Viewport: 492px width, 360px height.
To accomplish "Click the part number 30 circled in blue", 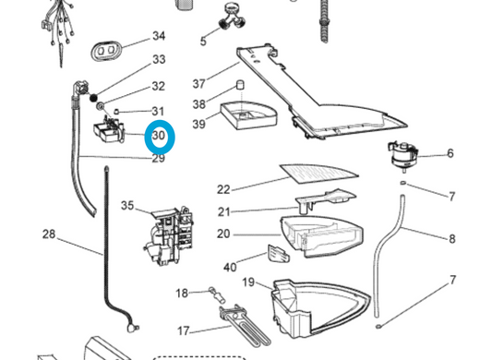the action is point(159,136).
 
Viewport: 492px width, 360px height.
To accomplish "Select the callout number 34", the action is point(159,36).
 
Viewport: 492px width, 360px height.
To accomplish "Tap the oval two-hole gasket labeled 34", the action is point(106,50).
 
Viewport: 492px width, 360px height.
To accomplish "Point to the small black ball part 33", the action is point(93,98).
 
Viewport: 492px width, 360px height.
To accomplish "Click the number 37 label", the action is point(199,84).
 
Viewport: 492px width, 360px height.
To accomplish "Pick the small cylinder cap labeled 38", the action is point(241,85).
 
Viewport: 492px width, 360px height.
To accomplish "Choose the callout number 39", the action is point(199,124).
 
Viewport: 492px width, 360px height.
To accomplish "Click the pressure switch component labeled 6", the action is point(402,156).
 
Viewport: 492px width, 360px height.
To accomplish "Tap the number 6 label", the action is point(450,153).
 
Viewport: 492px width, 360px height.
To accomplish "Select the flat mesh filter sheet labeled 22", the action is point(318,174).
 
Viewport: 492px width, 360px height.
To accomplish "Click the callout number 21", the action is point(224,212).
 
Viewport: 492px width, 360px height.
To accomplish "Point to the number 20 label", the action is point(223,234).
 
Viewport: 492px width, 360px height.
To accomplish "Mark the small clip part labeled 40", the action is point(278,253).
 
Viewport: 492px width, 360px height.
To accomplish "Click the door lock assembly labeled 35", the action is point(168,234).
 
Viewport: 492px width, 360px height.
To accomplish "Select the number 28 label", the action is point(49,234).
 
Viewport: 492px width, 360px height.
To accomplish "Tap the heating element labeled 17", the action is point(245,327).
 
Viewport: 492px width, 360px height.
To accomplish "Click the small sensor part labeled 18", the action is point(217,295).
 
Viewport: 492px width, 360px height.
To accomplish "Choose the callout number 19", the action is point(248,282).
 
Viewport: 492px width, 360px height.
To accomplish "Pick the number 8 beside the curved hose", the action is point(451,239).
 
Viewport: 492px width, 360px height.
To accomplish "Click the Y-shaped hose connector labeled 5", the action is point(233,17).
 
